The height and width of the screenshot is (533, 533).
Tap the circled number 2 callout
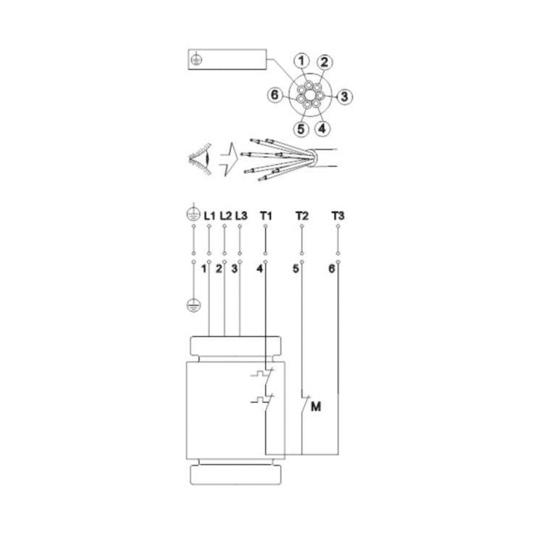tap(326, 62)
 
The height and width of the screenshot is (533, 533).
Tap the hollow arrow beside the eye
tap(228, 155)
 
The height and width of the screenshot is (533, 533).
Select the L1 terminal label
tap(209, 216)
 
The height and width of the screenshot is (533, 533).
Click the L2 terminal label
tap(225, 216)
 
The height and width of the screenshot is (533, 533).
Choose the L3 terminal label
tap(241, 216)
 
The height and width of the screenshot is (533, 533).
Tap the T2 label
tap(302, 216)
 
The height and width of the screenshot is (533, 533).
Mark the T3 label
tap(338, 216)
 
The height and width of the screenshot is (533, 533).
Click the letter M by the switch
tap(315, 407)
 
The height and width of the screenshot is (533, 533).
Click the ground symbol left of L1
tap(193, 215)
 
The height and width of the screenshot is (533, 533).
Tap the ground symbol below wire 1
tap(194, 304)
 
